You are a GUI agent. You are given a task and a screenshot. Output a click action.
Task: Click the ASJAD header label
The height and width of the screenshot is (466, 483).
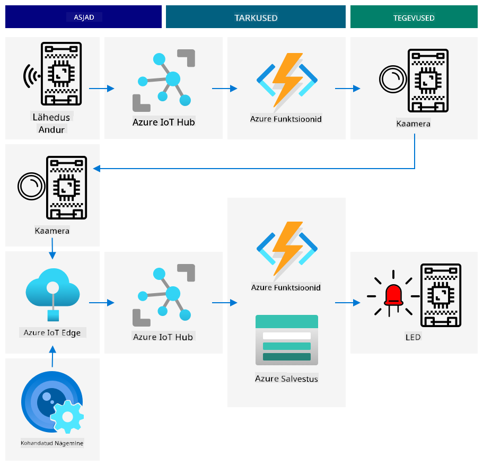(x=84, y=17)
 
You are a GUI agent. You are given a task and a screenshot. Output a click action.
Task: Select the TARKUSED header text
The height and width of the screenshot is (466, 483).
(x=256, y=18)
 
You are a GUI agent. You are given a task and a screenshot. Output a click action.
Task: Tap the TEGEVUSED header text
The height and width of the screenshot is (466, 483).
(x=414, y=18)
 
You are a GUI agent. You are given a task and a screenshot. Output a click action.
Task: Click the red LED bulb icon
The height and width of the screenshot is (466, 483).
(x=393, y=296)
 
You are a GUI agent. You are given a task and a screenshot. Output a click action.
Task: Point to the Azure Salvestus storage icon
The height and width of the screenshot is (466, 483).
(x=286, y=340)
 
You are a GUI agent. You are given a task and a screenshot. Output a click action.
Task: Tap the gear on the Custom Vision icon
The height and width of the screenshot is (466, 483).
(x=67, y=416)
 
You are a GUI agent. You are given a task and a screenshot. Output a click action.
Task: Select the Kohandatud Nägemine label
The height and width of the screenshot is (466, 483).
(x=52, y=443)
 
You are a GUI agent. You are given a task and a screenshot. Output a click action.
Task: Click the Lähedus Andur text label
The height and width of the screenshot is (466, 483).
(x=51, y=123)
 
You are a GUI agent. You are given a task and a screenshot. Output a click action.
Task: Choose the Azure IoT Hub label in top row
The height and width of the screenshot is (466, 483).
(x=164, y=122)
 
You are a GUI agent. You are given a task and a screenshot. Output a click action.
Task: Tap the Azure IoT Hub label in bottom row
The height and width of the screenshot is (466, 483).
(x=163, y=337)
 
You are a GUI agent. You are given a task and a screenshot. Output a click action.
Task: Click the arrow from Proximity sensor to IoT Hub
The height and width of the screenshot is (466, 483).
(x=101, y=89)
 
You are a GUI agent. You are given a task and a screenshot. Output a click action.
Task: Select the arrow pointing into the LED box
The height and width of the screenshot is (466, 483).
(x=347, y=303)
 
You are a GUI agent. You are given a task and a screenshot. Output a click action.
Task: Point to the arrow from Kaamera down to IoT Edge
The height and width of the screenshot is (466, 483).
(x=52, y=248)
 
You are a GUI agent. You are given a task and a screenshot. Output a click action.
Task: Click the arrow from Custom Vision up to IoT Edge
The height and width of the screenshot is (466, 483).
(x=52, y=356)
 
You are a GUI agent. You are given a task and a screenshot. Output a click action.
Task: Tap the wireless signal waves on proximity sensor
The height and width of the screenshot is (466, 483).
(x=30, y=76)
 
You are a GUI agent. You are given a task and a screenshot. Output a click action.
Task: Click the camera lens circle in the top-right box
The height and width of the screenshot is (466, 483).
(x=393, y=79)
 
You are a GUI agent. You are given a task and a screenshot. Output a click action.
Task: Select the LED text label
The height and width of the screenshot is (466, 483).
(x=413, y=337)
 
